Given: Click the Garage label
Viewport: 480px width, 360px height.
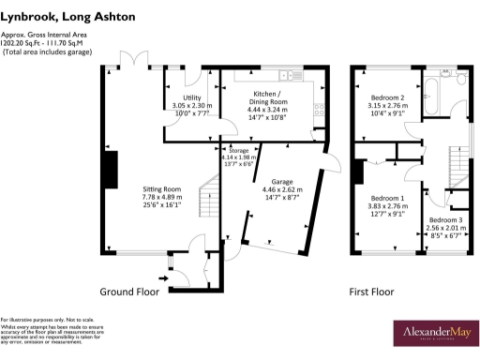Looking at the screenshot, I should [x=282, y=181].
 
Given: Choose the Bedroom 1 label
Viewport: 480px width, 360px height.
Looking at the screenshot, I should [x=387, y=199].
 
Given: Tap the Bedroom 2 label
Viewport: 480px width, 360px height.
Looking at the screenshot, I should [x=387, y=97].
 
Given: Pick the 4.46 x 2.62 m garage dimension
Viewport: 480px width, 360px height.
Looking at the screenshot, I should [x=282, y=190].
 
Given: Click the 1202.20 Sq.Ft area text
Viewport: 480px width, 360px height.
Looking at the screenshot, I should [x=26, y=42].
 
